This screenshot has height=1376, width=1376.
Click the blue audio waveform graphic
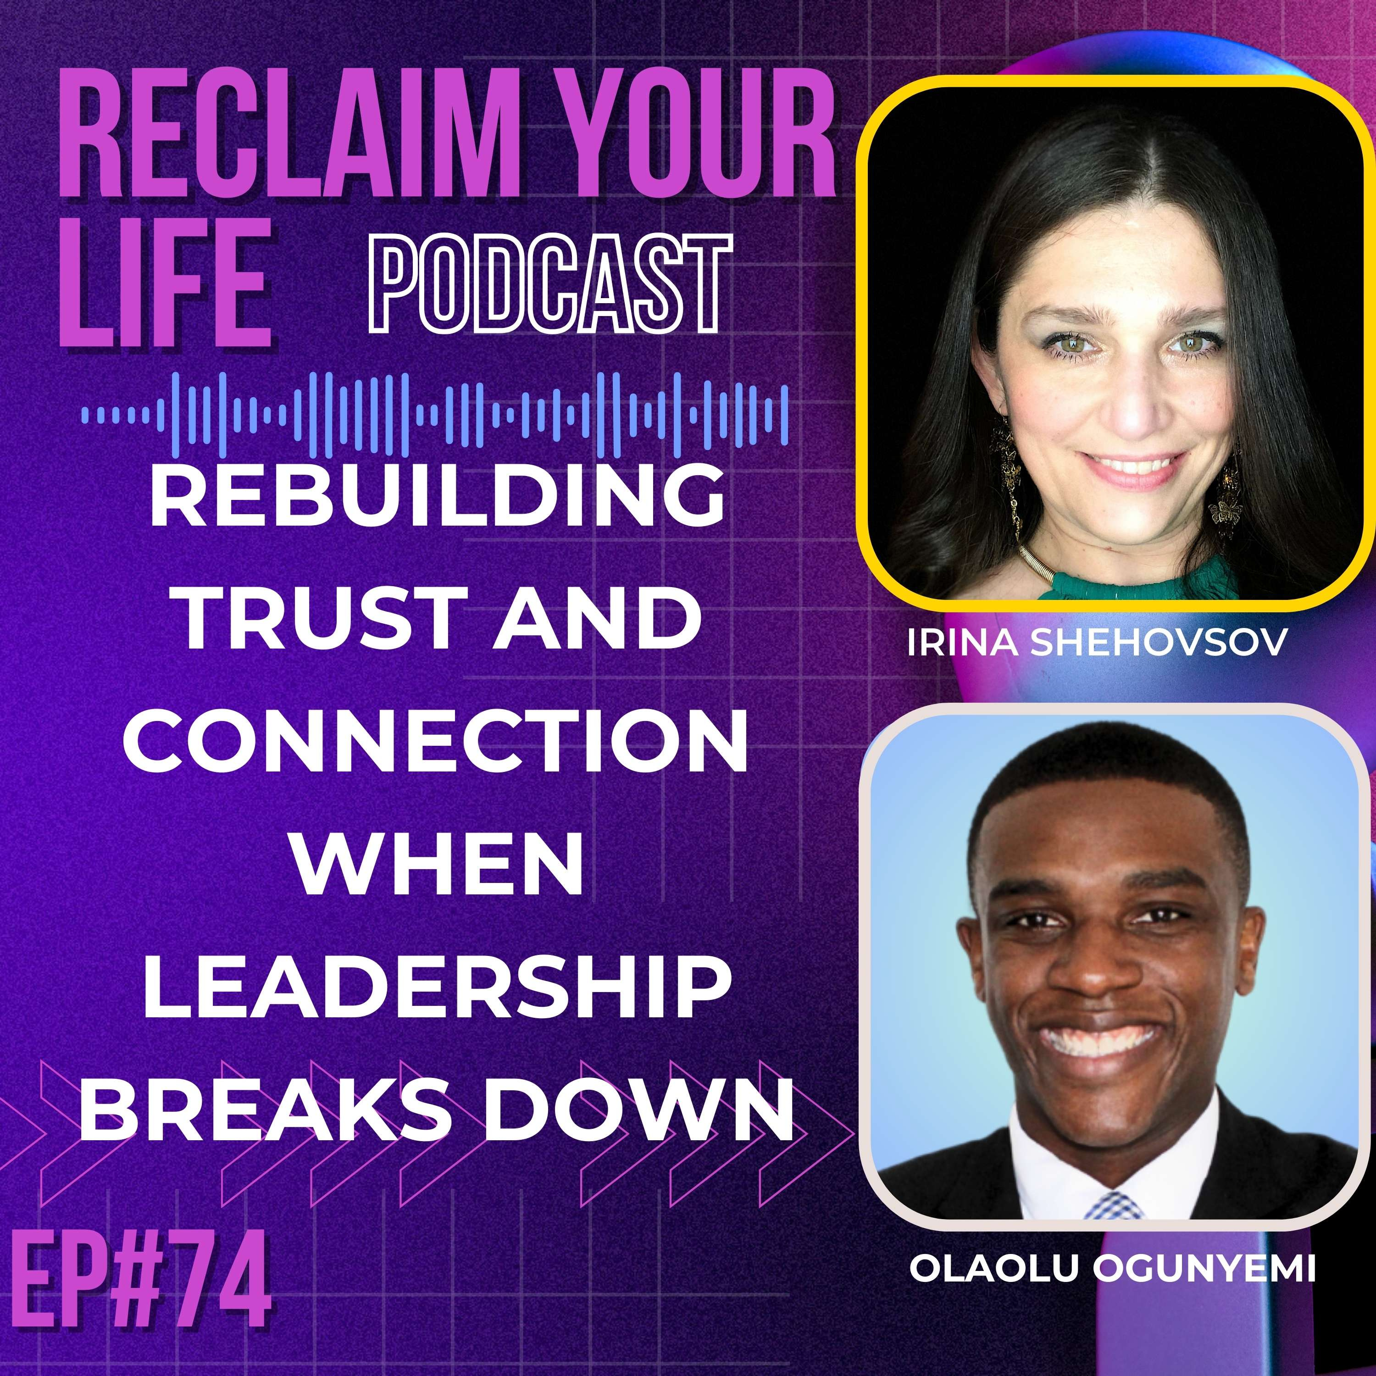434,413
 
